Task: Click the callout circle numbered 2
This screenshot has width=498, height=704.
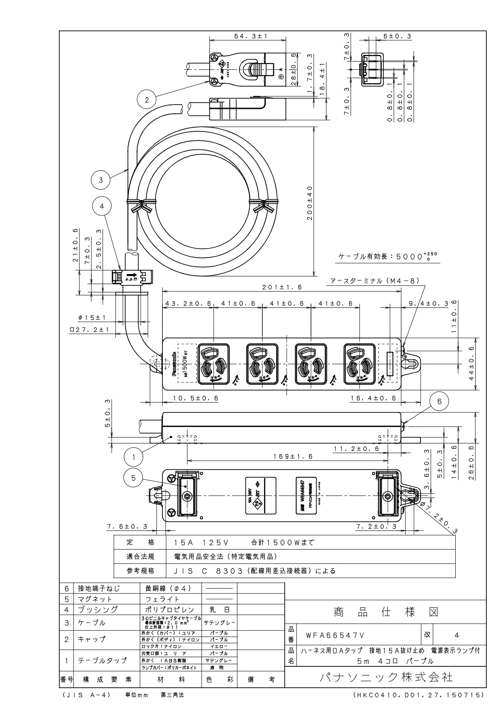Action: click(146, 100)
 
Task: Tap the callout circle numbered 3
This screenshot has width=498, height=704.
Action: click(100, 180)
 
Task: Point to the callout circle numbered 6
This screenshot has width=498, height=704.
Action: click(439, 401)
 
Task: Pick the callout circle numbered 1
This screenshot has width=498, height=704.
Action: click(133, 457)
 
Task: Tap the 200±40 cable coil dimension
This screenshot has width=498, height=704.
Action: click(310, 205)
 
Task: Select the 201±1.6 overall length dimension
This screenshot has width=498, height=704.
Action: click(282, 288)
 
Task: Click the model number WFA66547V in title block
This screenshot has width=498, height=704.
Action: click(335, 635)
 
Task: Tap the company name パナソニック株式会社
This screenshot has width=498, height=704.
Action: click(385, 677)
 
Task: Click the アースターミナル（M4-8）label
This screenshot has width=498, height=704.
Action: click(375, 282)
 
